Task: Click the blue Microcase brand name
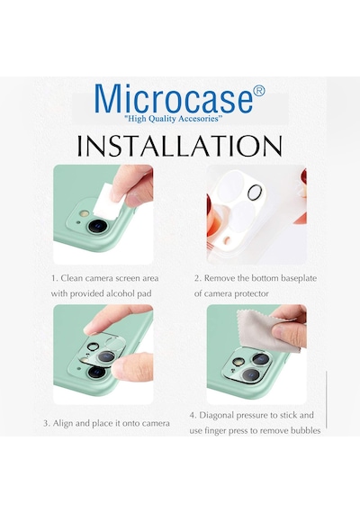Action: (174, 98)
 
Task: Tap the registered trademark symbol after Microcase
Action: (259, 91)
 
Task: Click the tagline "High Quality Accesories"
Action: (174, 118)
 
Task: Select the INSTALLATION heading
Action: (179, 145)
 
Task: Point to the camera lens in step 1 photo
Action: (97, 226)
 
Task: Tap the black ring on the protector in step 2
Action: (256, 193)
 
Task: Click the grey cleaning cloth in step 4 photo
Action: (266, 330)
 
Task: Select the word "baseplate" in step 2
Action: (299, 278)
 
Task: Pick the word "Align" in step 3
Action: (63, 423)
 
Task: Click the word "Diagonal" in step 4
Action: (216, 415)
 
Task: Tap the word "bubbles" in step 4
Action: (307, 430)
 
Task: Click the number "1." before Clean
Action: (55, 278)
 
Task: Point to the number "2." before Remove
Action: (197, 278)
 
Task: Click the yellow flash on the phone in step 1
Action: (85, 214)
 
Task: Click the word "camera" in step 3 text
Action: (156, 423)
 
